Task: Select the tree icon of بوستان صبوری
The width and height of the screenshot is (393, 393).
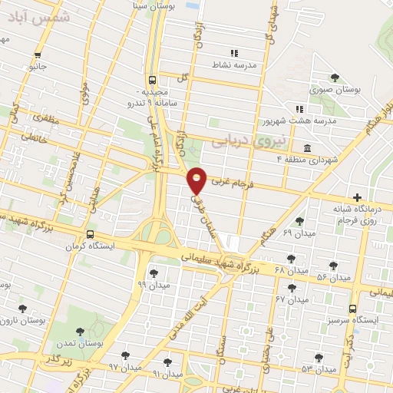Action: tap(334, 76)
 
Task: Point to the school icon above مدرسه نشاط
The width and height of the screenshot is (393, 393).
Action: tap(235, 53)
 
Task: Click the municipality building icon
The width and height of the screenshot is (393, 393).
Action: tap(307, 147)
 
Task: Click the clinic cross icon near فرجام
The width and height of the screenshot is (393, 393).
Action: tap(357, 196)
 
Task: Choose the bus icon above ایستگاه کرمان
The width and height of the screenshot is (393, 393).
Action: tap(91, 235)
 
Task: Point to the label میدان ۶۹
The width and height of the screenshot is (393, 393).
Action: tap(299, 233)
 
